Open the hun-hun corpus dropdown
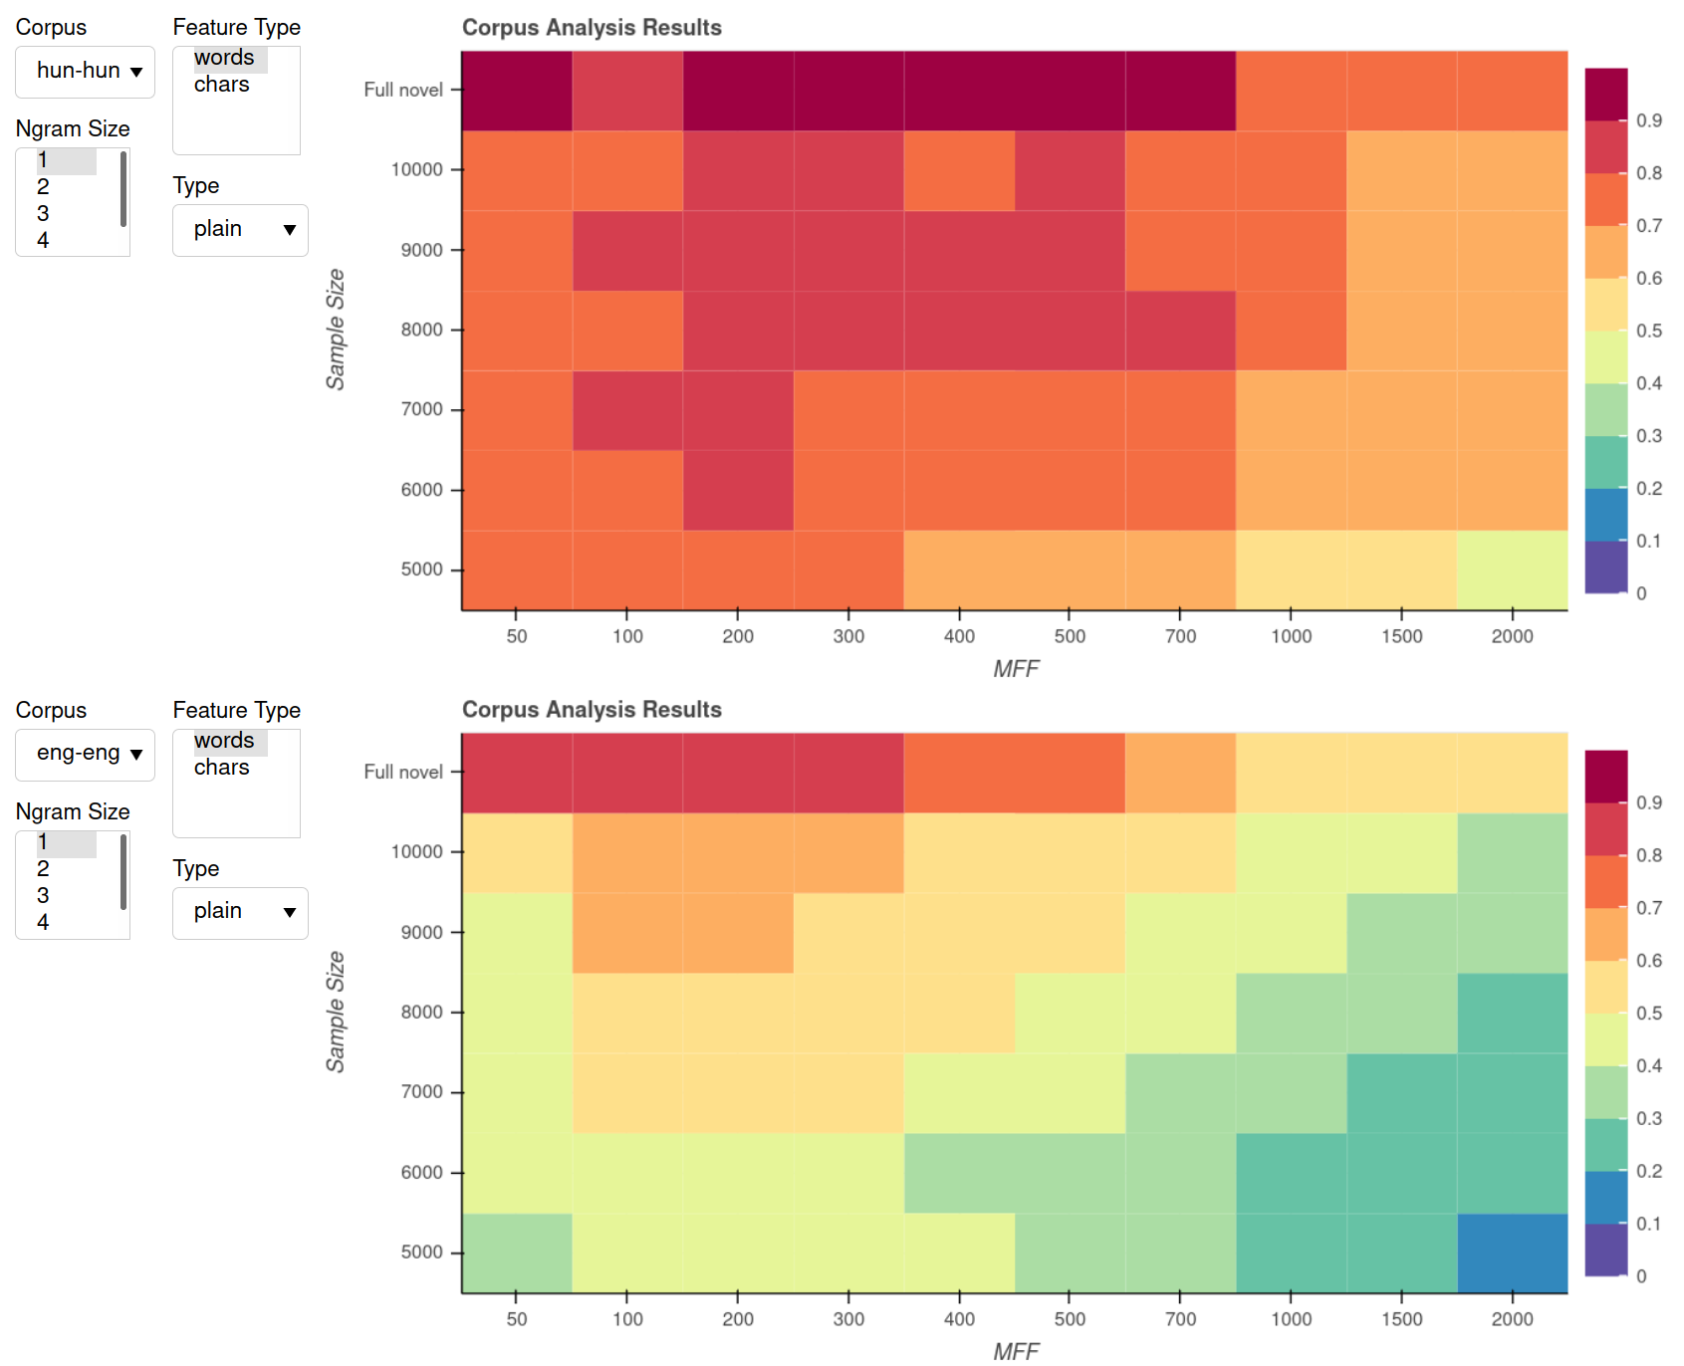(x=86, y=72)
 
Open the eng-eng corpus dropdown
(x=86, y=754)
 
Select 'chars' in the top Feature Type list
(x=221, y=85)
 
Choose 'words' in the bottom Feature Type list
(x=224, y=741)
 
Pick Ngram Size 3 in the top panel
(x=43, y=213)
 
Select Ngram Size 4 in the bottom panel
(x=43, y=922)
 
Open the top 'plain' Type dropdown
(x=240, y=230)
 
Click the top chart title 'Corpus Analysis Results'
(x=592, y=28)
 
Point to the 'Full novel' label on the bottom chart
(x=402, y=772)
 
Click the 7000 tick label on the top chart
(x=421, y=409)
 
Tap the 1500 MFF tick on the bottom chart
(x=1401, y=1319)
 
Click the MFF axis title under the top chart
(x=1015, y=669)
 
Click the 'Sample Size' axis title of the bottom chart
(x=336, y=1012)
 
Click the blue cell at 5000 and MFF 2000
(x=1512, y=1252)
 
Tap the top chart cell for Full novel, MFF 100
(x=627, y=91)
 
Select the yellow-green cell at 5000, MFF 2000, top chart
(x=1512, y=569)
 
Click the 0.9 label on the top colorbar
(x=1649, y=120)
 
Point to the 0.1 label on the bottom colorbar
(x=1649, y=1224)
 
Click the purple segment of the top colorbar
(x=1605, y=567)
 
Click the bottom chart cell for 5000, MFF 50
(x=517, y=1252)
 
